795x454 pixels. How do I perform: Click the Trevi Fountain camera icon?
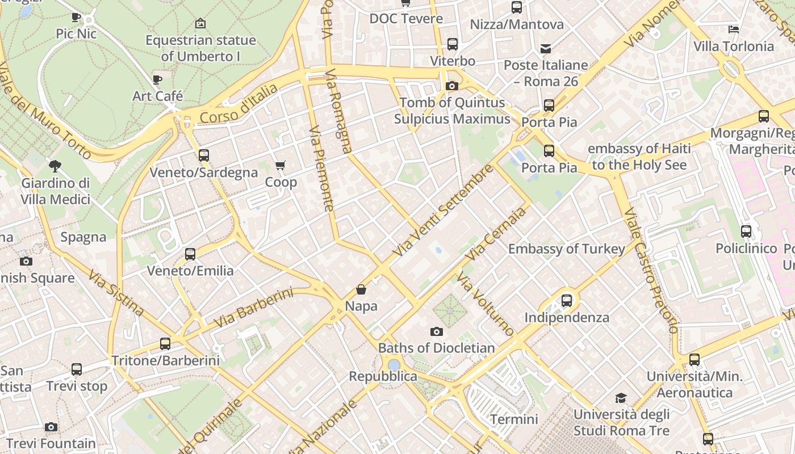[x=51, y=427]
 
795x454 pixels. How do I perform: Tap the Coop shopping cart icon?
[x=280, y=166]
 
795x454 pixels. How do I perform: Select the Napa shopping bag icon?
[x=361, y=290]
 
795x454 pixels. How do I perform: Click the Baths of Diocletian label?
[x=436, y=348]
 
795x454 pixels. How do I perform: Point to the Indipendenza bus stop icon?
[x=567, y=301]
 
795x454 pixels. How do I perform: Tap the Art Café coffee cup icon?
[x=157, y=79]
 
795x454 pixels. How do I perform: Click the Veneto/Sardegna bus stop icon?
[x=203, y=155]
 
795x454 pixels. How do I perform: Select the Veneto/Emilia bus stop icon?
[x=190, y=254]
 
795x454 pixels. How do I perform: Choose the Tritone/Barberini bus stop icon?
[x=165, y=344]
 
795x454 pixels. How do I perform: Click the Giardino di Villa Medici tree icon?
[x=55, y=166]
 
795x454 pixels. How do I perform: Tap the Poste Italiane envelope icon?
[x=546, y=49]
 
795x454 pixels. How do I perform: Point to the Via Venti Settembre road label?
[x=443, y=211]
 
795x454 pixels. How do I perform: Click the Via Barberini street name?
[x=253, y=308]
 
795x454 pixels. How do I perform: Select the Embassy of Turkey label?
[x=566, y=249]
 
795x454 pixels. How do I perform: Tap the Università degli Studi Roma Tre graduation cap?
[x=621, y=398]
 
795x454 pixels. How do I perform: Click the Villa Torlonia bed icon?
[x=734, y=30]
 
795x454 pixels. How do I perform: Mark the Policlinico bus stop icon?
[x=746, y=232]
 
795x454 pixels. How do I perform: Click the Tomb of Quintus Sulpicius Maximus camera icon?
[x=452, y=86]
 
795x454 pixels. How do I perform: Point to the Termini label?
[x=514, y=419]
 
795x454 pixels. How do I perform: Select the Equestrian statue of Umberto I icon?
[x=200, y=24]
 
